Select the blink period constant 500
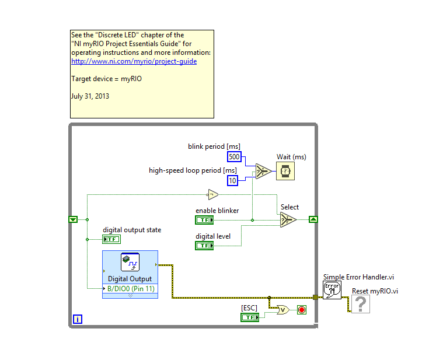pos(233,156)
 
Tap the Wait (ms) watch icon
pos(285,171)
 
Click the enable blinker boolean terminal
pos(204,220)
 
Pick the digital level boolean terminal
pos(204,246)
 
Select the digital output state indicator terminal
pos(111,239)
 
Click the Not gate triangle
pos(212,194)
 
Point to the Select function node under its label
pos(288,220)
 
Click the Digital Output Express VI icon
pos(130,263)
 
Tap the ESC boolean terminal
pos(249,317)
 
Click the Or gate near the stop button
pos(282,310)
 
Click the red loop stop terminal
pos(302,310)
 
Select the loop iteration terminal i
pos(78,319)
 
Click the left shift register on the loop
pos(73,219)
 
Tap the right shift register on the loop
pos(313,219)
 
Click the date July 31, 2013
pos(90,96)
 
